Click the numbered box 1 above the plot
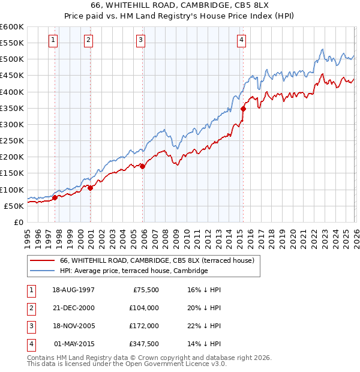click(x=53, y=40)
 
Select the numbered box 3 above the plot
click(x=140, y=40)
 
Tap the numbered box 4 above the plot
click(x=241, y=40)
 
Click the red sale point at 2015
click(x=243, y=109)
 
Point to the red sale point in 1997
click(x=55, y=197)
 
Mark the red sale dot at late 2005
click(x=142, y=166)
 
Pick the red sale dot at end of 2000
click(x=90, y=188)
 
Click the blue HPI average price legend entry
click(x=133, y=271)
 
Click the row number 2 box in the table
click(x=30, y=308)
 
